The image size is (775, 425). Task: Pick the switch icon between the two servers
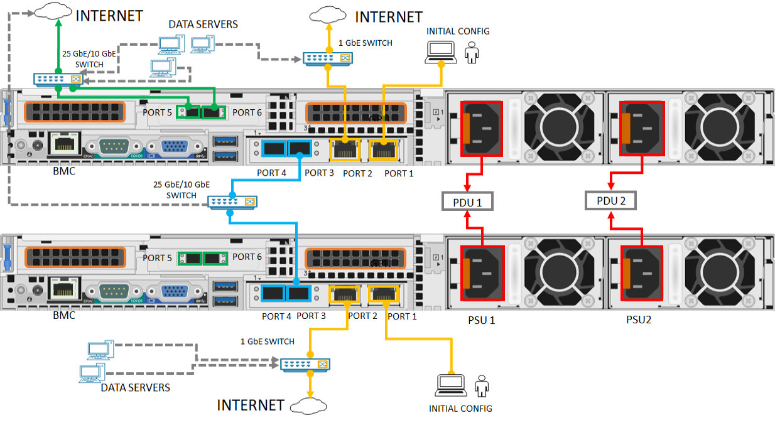(233, 202)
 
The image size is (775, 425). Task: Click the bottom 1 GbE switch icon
(305, 365)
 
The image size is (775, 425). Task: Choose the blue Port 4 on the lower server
(274, 293)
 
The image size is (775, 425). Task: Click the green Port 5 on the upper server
(189, 112)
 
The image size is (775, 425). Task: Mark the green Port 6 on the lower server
(215, 257)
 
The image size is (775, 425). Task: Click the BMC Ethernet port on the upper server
(63, 144)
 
